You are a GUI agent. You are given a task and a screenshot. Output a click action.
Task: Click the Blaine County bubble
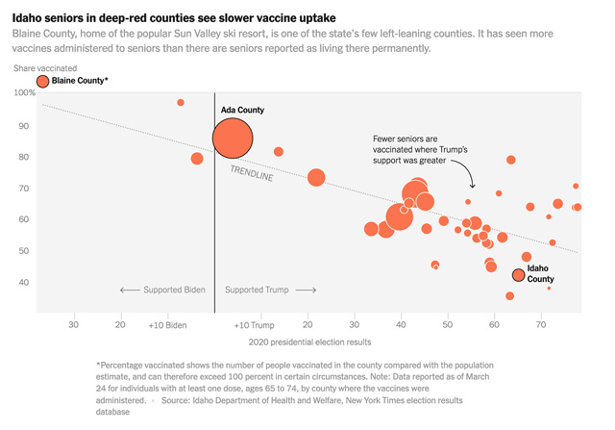(41, 82)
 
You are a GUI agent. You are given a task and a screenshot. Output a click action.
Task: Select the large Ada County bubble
(232, 139)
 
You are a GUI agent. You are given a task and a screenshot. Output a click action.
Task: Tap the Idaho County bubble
(519, 275)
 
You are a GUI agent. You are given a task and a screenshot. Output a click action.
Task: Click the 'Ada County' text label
(242, 111)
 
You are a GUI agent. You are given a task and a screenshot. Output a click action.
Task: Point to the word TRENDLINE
(252, 176)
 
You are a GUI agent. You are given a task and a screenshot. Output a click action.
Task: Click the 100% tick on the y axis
(24, 92)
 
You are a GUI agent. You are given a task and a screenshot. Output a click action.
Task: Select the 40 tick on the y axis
(28, 283)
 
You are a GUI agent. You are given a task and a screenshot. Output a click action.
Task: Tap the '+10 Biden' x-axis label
(167, 325)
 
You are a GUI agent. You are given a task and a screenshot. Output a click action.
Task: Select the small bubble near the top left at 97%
(181, 102)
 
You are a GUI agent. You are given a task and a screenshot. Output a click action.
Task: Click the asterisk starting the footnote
(98, 367)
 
